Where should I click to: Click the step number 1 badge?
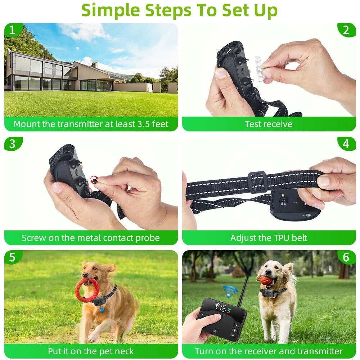click(12, 30)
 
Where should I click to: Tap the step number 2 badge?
click(346, 30)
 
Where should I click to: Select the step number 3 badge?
click(12, 144)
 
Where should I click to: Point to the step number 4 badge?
click(346, 144)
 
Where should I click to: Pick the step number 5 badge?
click(12, 257)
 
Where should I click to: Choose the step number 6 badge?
click(346, 257)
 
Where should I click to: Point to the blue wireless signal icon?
click(230, 291)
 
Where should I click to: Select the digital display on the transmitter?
click(222, 308)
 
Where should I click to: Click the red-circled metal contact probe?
click(94, 179)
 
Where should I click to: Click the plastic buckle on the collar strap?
click(257, 182)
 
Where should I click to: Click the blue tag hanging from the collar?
click(102, 309)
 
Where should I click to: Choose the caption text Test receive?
click(269, 125)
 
